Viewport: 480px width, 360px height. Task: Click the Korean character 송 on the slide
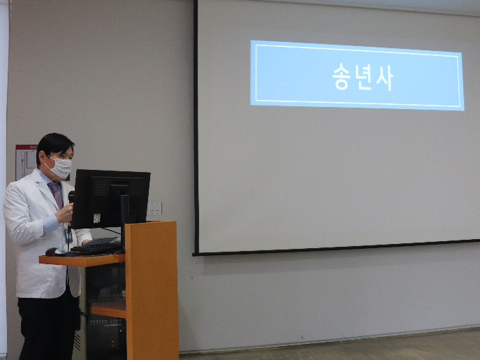click(x=342, y=78)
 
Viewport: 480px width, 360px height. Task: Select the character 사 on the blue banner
click(x=384, y=78)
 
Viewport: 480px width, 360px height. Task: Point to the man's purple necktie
click(x=56, y=194)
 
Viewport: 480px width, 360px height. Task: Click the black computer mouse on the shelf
click(x=55, y=252)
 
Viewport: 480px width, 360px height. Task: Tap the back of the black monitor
click(x=111, y=198)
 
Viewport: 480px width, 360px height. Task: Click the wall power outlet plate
click(x=154, y=208)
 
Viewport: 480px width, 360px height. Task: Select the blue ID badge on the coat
click(x=68, y=235)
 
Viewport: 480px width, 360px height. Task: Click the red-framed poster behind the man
click(x=26, y=161)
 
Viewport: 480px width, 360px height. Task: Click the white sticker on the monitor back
click(x=96, y=218)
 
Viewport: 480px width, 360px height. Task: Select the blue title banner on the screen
click(x=357, y=75)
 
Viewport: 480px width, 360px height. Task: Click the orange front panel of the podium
click(x=152, y=290)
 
